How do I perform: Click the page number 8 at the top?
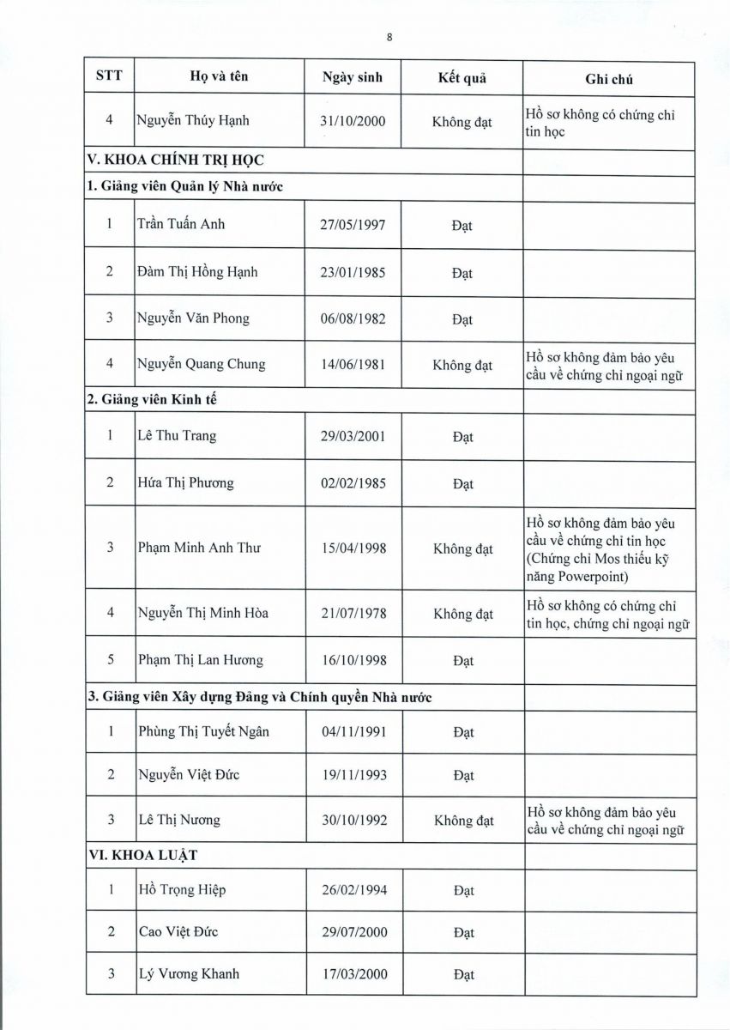click(389, 37)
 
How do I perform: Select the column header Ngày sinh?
click(353, 77)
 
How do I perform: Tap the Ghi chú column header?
click(608, 79)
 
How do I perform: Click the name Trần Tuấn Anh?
click(181, 225)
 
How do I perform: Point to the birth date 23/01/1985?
click(353, 273)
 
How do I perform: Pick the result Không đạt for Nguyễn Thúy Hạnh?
click(462, 122)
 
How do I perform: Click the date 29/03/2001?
click(353, 436)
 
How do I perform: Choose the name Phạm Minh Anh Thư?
click(199, 548)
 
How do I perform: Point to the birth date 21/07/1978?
click(353, 614)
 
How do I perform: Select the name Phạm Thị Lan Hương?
click(201, 660)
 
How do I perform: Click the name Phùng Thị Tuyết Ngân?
click(203, 731)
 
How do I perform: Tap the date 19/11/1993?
click(353, 775)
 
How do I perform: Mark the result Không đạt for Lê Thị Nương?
click(463, 821)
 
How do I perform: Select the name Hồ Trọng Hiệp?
click(181, 890)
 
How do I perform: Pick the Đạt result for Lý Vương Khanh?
click(463, 975)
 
